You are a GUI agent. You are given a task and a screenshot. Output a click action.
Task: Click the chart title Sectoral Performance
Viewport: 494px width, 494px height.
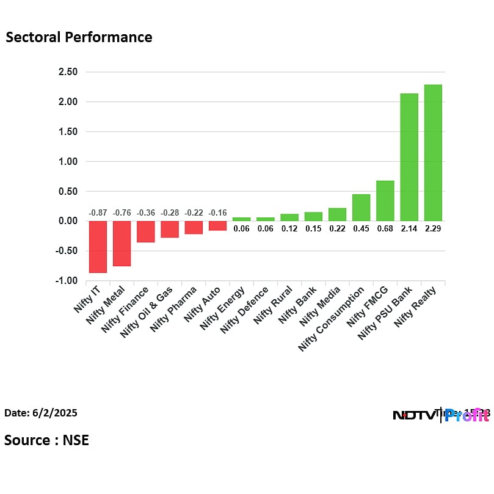tap(79, 37)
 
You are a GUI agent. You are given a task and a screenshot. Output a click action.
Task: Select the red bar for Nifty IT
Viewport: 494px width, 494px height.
tap(98, 247)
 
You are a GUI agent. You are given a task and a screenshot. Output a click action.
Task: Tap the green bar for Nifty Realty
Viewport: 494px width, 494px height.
tap(433, 153)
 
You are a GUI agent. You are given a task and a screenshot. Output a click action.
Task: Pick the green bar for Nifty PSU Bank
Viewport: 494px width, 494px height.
tap(409, 157)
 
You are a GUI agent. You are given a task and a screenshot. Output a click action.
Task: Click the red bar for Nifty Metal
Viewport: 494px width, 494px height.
tap(122, 244)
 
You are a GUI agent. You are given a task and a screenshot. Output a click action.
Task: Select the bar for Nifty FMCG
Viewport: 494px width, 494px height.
tap(385, 200)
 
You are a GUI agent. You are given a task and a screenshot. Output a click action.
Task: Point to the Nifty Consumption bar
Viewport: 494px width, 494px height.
tap(361, 208)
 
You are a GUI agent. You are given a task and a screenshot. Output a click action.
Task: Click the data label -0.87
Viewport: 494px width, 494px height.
tap(98, 212)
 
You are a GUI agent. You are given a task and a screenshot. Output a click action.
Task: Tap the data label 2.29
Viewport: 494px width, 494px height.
tap(433, 228)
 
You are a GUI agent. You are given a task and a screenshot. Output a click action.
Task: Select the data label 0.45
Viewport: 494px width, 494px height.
tap(361, 228)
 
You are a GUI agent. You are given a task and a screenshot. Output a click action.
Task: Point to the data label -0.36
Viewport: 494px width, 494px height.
tap(145, 212)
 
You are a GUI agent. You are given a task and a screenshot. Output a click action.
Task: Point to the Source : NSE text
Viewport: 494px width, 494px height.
tap(46, 440)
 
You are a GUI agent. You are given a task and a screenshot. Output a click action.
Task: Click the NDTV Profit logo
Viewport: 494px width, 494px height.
tap(440, 416)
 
